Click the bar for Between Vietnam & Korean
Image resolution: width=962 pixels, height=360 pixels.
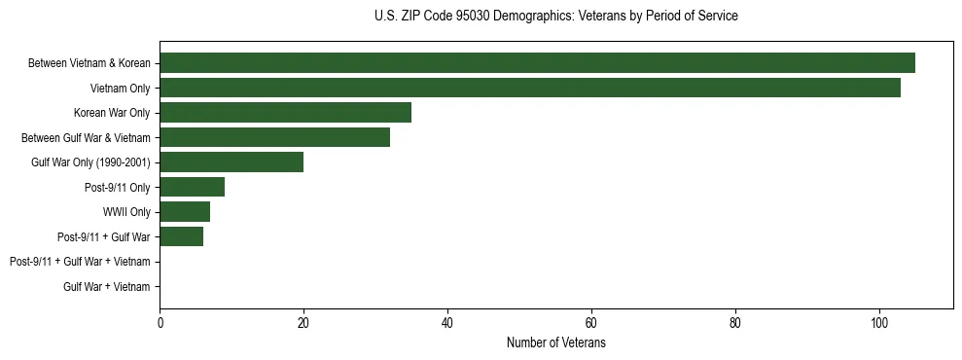[x=537, y=63]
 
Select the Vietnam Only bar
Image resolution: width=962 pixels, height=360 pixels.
[x=530, y=88]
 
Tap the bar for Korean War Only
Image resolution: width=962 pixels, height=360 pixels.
[x=285, y=112]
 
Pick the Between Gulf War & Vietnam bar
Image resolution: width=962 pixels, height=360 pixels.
[x=274, y=137]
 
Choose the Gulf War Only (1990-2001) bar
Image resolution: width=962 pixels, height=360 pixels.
[x=232, y=162]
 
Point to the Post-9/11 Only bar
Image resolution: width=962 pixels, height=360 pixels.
[x=192, y=187]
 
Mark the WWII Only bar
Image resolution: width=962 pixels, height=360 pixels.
[x=185, y=211]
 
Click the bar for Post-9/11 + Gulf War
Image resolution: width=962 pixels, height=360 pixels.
[x=181, y=236]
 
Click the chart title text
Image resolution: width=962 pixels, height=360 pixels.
[x=555, y=17]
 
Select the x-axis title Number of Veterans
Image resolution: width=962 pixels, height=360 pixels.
[x=555, y=342]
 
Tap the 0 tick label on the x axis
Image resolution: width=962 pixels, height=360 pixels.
[x=160, y=323]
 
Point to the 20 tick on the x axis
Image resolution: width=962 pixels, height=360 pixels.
[x=303, y=323]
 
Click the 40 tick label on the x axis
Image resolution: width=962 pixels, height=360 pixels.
[x=447, y=323]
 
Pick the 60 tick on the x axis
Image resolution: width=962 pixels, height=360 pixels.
[x=591, y=323]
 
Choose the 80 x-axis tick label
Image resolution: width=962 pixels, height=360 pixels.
[x=735, y=323]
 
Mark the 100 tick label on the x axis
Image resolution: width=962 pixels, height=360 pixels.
[x=879, y=323]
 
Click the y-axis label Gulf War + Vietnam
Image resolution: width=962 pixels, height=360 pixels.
[x=107, y=286]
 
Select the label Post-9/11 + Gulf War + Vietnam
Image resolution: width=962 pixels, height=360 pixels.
[x=80, y=262]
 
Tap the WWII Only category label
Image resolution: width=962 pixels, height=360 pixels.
[x=126, y=212]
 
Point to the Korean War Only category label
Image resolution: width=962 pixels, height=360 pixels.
[x=112, y=113]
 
